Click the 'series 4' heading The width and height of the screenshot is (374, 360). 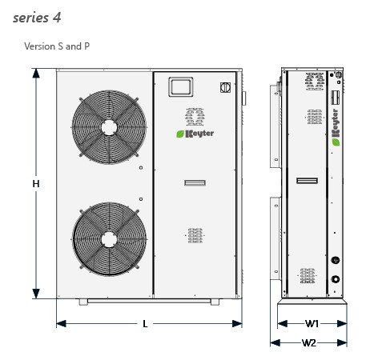point(37,18)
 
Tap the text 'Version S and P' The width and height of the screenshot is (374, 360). point(57,46)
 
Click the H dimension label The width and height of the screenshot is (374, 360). point(36,184)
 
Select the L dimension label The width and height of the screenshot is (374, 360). point(145,324)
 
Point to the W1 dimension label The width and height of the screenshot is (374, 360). point(312,324)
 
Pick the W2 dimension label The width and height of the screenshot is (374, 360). point(309,342)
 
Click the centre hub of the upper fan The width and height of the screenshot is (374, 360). point(109,127)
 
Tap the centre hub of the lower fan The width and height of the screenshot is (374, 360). point(109,239)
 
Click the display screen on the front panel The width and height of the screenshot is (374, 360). point(181,87)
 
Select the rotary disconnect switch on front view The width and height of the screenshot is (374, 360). point(225,87)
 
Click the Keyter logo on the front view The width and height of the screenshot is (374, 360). point(195,134)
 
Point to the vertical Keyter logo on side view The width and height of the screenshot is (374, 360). point(336,127)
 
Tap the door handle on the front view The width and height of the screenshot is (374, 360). point(195,182)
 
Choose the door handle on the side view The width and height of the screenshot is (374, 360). point(308,181)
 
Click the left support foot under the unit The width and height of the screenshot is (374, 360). point(83,302)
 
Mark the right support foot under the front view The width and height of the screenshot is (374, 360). point(215,302)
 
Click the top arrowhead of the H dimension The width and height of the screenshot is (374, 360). point(36,73)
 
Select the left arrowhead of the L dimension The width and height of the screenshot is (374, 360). point(61,324)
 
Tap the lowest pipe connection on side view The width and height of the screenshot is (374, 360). point(336,279)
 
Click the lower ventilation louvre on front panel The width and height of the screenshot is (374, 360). point(195,235)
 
